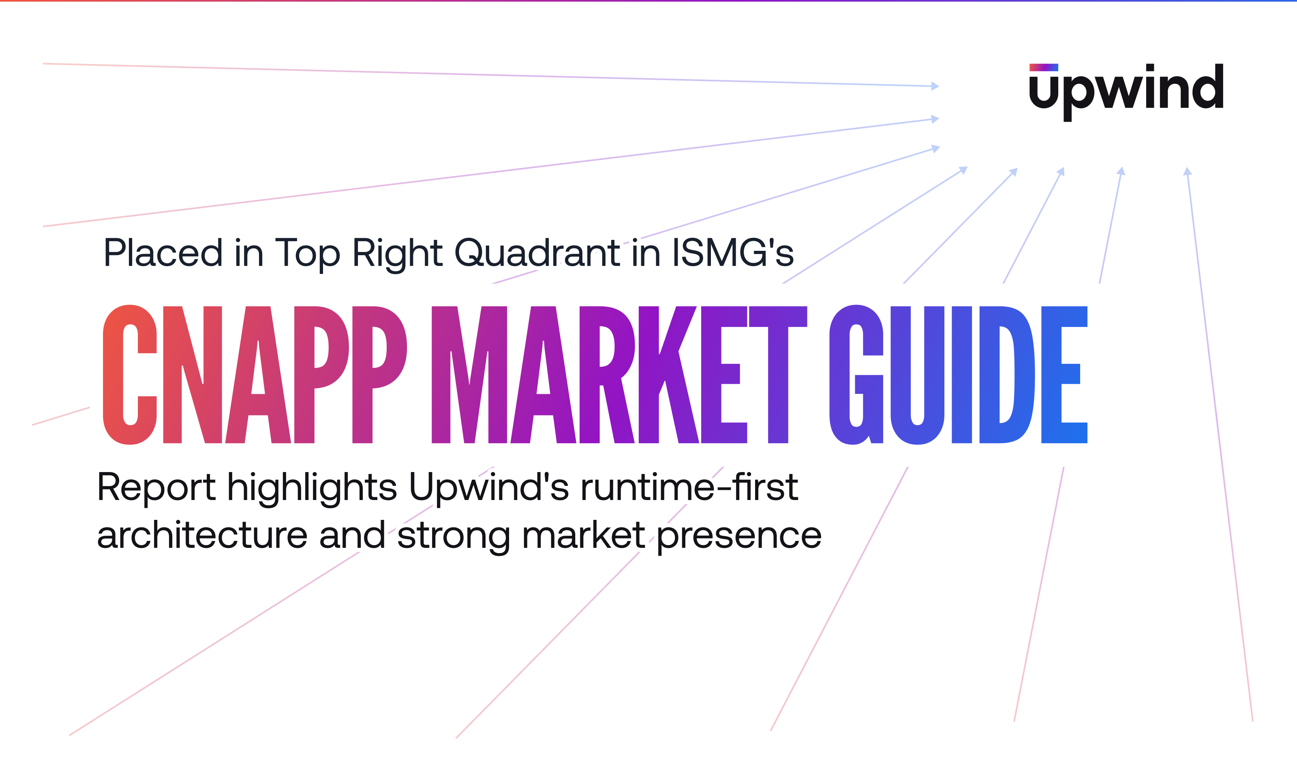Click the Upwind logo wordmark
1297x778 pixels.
(1126, 93)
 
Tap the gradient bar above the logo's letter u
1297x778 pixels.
(1044, 67)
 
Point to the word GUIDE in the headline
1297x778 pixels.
(958, 374)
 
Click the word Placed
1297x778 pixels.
(163, 253)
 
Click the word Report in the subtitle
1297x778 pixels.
(156, 487)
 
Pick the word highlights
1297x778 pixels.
(312, 489)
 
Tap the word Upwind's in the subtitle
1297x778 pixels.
(488, 489)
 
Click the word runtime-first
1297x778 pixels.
(689, 487)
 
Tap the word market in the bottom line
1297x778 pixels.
(584, 536)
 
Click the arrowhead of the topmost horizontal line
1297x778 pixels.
(935, 86)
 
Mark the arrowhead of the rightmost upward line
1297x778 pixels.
(1188, 171)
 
